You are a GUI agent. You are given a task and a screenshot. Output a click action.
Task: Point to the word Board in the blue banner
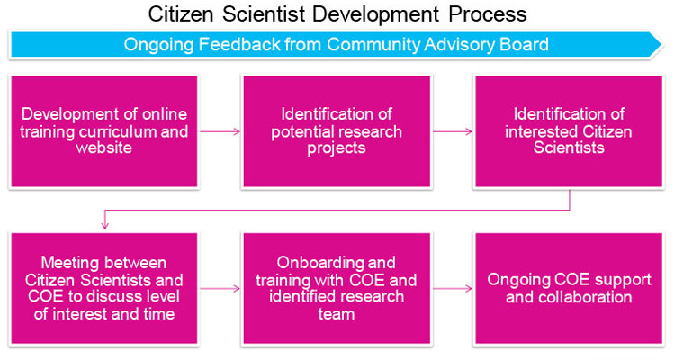click(x=524, y=44)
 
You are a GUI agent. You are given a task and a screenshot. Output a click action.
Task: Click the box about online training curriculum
click(x=105, y=131)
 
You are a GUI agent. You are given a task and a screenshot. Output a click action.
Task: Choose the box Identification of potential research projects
click(x=337, y=131)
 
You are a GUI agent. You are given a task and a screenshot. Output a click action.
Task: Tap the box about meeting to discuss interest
click(x=105, y=288)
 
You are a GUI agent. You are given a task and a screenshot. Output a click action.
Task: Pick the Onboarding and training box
click(x=337, y=288)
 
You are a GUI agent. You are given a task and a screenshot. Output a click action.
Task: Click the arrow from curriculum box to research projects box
click(x=219, y=131)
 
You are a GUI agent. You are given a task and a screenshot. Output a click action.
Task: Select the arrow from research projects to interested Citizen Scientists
click(x=453, y=131)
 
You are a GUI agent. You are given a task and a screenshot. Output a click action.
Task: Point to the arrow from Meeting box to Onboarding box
click(x=219, y=289)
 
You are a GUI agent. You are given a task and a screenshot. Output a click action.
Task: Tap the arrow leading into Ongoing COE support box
click(x=453, y=289)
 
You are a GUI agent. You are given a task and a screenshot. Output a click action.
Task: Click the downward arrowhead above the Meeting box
click(x=105, y=225)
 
